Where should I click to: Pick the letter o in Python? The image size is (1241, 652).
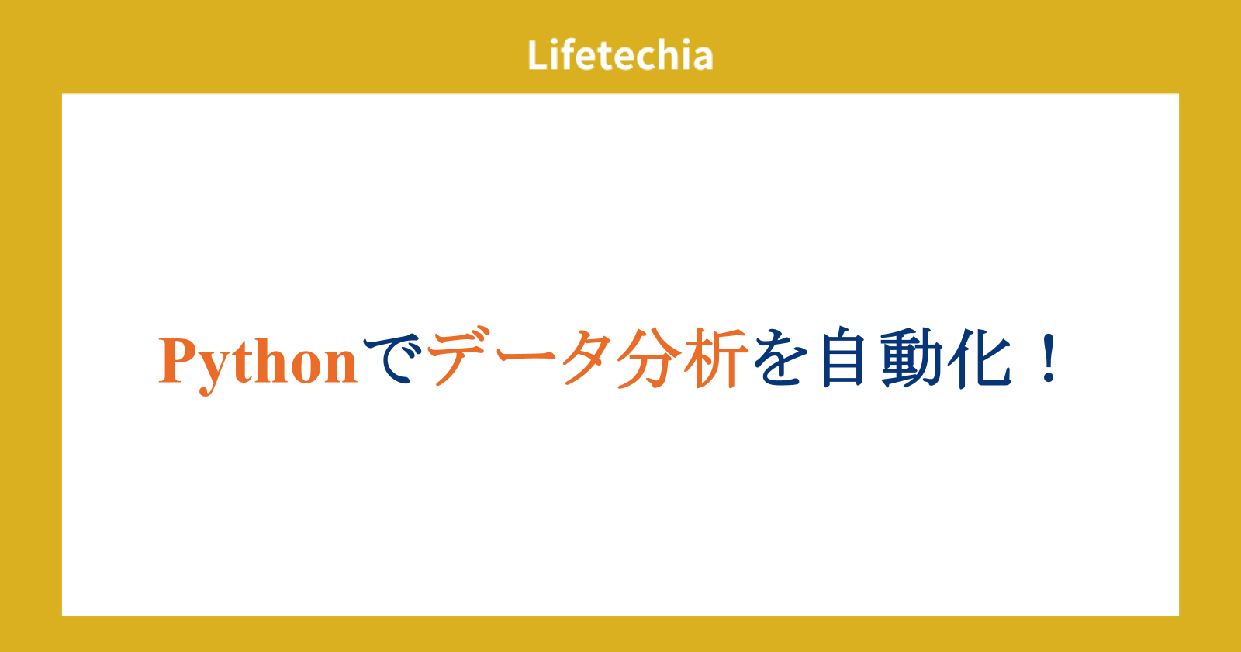(x=307, y=368)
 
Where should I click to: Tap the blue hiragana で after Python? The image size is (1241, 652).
(x=392, y=359)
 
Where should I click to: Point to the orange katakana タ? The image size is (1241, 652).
(x=587, y=358)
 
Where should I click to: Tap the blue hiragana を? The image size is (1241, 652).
(x=780, y=358)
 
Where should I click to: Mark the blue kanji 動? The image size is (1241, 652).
(x=911, y=358)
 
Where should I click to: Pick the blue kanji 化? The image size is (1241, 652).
(x=980, y=358)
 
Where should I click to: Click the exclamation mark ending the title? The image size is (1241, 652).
(x=1049, y=358)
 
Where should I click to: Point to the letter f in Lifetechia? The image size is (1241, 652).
(x=567, y=54)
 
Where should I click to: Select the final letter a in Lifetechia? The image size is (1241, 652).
(x=701, y=59)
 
